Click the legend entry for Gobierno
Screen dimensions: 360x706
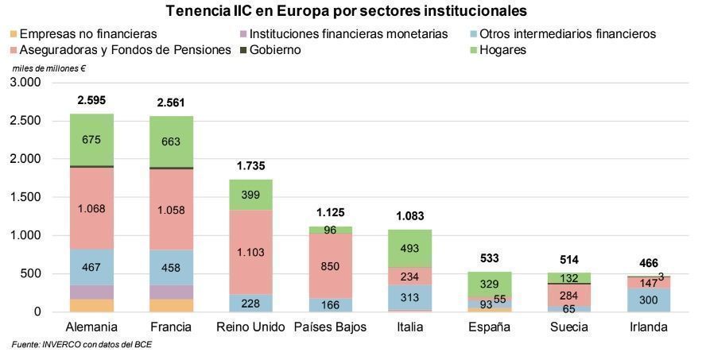tap(274, 50)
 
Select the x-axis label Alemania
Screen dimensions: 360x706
tap(91, 327)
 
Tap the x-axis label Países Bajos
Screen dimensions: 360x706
tap(331, 327)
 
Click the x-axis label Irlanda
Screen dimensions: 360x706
tap(648, 327)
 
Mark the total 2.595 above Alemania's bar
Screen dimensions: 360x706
tap(91, 101)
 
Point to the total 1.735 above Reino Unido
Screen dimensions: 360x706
tap(251, 166)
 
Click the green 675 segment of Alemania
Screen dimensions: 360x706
tap(91, 140)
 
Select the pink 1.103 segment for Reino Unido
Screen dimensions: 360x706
tap(251, 252)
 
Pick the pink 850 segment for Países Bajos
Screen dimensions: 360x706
tap(331, 267)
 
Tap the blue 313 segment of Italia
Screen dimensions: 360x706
tap(410, 297)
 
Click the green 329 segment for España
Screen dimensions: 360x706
tap(490, 284)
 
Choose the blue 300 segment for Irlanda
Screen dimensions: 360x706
tap(648, 300)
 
